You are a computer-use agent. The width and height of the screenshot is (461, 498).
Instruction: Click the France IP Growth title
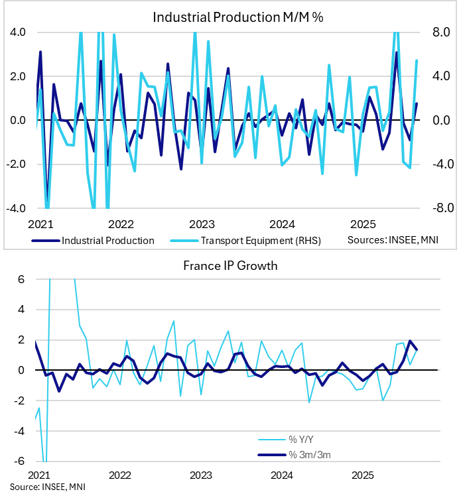tap(230, 267)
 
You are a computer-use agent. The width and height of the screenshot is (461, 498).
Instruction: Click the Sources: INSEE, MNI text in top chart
tap(393, 240)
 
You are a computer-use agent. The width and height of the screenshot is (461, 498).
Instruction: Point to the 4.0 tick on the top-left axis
tap(18, 32)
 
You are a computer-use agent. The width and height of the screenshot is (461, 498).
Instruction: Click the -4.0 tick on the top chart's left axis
tap(16, 208)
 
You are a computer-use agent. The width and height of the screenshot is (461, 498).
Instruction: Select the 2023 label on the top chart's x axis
tap(201, 223)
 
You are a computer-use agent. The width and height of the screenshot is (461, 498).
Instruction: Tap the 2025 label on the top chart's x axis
tap(363, 223)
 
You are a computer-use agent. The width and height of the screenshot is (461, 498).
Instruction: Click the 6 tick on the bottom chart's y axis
tap(22, 279)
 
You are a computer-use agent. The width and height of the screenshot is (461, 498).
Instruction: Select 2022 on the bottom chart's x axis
tap(120, 475)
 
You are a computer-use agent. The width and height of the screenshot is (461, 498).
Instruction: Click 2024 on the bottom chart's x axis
tap(282, 475)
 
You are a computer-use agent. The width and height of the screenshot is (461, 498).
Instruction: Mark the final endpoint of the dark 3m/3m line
tap(417, 349)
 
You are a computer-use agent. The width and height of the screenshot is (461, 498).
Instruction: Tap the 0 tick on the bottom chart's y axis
tap(22, 370)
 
